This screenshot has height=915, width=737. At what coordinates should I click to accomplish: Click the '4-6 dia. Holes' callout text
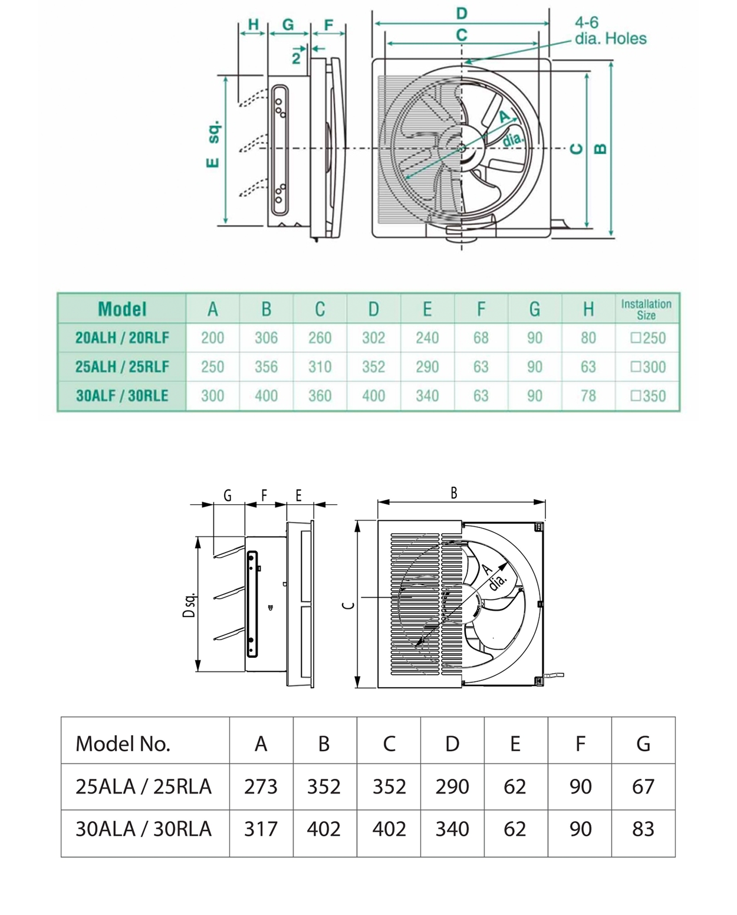click(610, 31)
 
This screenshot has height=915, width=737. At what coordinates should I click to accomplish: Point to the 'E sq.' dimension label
click(213, 144)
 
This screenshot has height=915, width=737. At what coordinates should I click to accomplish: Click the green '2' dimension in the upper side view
click(296, 58)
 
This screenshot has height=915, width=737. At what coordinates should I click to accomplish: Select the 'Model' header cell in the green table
click(122, 309)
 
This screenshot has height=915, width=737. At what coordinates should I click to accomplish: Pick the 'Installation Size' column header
click(646, 309)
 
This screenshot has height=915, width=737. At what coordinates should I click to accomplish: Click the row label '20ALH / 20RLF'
click(122, 338)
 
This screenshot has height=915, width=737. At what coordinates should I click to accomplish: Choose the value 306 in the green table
click(266, 338)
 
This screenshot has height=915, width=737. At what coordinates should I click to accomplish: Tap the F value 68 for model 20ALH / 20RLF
click(481, 338)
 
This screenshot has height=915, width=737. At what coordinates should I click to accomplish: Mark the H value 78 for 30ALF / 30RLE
click(588, 396)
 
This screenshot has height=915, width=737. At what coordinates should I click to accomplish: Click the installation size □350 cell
click(647, 396)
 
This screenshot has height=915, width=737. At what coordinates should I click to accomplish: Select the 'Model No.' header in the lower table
click(123, 744)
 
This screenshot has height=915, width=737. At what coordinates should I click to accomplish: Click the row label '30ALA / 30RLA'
click(143, 829)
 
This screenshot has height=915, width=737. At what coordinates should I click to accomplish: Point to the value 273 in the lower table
click(261, 786)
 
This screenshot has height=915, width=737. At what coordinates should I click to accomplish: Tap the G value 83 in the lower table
click(643, 829)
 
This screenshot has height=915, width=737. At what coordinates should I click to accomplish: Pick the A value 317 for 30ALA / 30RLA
click(261, 829)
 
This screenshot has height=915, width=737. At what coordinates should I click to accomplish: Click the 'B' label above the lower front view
click(453, 493)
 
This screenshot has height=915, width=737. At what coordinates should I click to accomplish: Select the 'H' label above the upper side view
click(253, 24)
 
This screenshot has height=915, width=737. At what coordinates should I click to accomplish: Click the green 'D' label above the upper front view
click(462, 13)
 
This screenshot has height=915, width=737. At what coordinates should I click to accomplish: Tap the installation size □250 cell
click(647, 338)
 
